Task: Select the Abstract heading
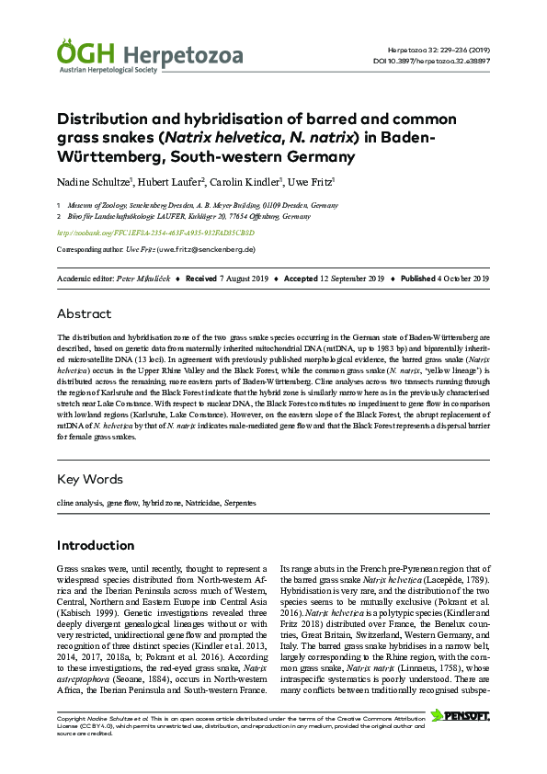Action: pos(84,313)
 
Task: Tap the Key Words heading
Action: pos(90,478)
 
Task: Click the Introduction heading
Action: pos(96,545)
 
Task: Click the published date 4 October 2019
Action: pos(457,278)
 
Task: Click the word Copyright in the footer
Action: pos(71,717)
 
